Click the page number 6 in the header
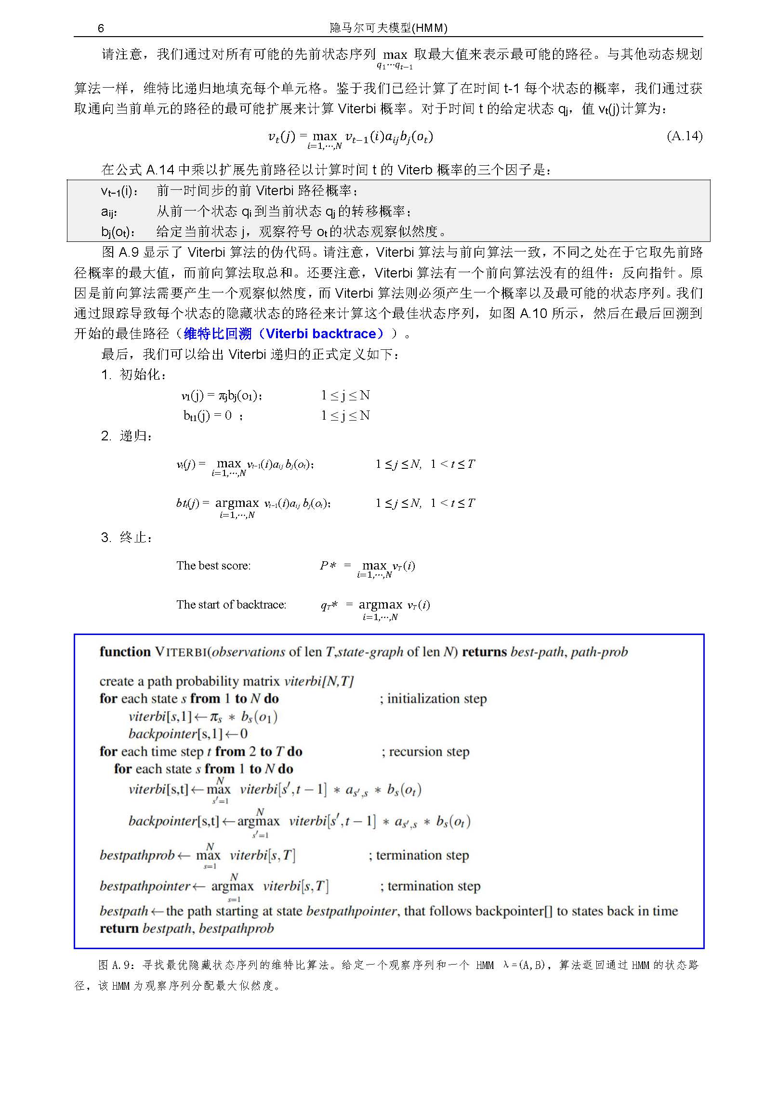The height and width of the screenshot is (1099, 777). (101, 28)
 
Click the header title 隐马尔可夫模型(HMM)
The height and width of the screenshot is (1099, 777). (388, 28)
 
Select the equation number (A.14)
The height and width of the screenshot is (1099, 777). (685, 136)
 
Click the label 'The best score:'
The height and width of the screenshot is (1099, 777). (213, 565)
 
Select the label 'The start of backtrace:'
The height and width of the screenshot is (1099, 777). (231, 604)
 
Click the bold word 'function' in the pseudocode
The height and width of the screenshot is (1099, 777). (125, 652)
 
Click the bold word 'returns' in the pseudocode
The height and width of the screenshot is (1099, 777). (484, 652)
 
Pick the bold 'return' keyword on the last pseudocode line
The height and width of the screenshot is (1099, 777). (119, 928)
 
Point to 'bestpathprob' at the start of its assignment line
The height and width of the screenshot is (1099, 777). (137, 855)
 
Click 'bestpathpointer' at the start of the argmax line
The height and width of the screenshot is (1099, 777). (145, 886)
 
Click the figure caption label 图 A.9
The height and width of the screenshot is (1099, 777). (114, 965)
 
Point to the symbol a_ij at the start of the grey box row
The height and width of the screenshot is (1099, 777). (109, 212)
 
